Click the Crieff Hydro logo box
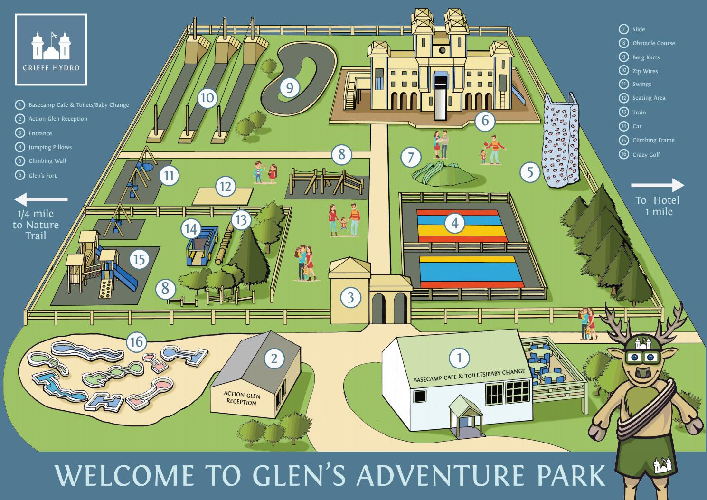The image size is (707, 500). [x=51, y=49]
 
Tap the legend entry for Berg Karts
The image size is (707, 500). [x=645, y=57]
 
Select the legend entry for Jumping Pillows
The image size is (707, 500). [x=49, y=147]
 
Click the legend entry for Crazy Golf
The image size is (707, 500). [x=646, y=155]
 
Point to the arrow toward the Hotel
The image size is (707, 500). [x=658, y=185]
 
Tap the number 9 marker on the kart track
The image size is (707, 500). [x=290, y=87]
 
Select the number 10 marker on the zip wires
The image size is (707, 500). [x=207, y=99]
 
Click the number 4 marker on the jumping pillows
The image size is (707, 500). [x=455, y=223]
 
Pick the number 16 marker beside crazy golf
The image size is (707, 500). [x=136, y=341]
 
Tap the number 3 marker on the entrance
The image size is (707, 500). [x=351, y=298]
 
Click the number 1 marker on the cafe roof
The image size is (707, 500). [x=459, y=358]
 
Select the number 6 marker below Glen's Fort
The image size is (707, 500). [x=485, y=121]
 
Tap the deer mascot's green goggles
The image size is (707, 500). [x=646, y=358]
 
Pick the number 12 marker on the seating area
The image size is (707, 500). [x=226, y=187]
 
